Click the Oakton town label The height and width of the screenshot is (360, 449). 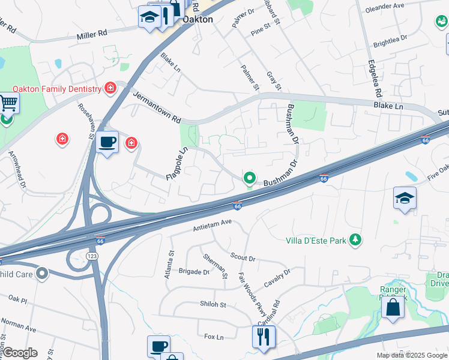tap(197, 19)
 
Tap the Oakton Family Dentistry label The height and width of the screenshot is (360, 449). tap(57, 89)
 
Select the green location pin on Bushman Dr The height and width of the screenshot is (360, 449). tap(249, 178)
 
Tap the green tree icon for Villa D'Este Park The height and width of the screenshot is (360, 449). tap(356, 240)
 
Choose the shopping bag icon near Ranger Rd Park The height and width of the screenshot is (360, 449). tap(393, 308)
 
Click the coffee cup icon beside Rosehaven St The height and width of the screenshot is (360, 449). tap(107, 142)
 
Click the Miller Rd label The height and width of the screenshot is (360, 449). tap(91, 36)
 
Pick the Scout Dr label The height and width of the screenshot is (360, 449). tap(243, 257)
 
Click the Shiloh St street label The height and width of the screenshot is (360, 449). tap(212, 304)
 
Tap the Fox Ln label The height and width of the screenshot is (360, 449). tap(214, 337)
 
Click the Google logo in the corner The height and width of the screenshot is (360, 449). tap(19, 353)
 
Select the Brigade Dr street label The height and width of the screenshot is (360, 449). tap(194, 272)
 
